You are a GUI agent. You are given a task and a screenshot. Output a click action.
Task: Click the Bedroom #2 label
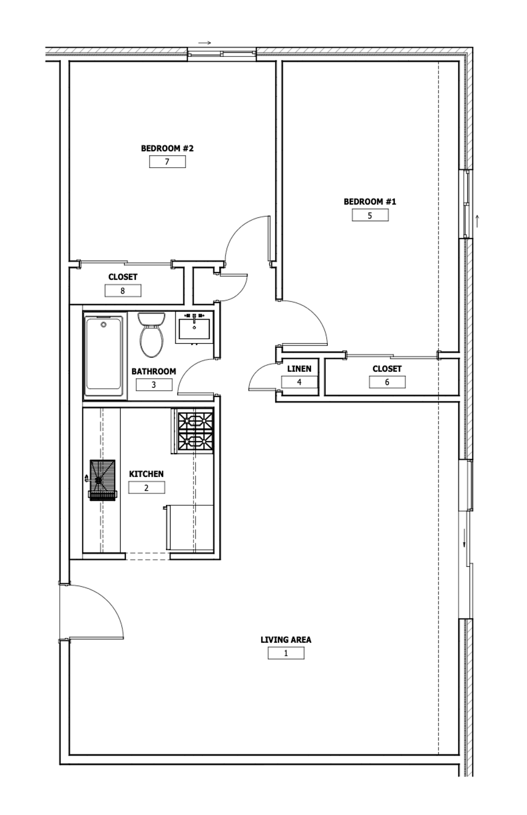point(167,149)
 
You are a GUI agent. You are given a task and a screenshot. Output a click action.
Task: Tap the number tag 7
point(167,162)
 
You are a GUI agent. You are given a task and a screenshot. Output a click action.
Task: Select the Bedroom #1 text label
point(370,202)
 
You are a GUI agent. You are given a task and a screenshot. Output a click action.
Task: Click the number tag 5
point(370,215)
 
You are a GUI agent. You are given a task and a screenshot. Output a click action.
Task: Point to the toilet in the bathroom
point(151,335)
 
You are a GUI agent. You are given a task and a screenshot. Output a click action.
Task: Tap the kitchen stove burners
point(195,431)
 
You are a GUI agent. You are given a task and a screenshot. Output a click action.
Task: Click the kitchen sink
point(102,480)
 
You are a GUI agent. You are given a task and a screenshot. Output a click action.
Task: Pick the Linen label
point(299,369)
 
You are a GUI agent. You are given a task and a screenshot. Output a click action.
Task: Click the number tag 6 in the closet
point(387,382)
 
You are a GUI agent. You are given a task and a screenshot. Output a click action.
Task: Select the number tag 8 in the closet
point(123,291)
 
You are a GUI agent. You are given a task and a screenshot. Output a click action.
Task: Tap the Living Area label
point(286,640)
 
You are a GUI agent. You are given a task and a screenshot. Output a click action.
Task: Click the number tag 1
point(286,653)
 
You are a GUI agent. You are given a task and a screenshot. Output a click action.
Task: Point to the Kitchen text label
point(146,474)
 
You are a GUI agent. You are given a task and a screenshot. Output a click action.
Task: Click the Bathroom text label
point(154,371)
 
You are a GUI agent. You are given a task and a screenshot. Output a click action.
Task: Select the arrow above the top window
point(205,43)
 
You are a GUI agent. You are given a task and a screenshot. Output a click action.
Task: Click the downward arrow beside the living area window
point(465,538)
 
